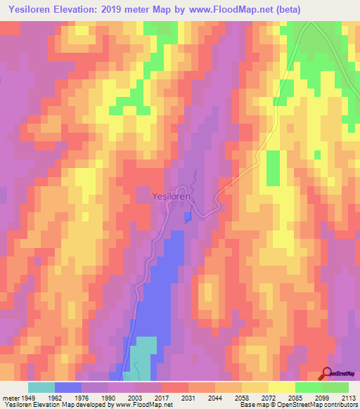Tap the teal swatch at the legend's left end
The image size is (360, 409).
pos(41,387)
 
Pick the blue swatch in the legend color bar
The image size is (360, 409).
pos(67,387)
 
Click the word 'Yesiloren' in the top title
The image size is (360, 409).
pos(32,10)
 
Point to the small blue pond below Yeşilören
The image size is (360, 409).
pos(187,217)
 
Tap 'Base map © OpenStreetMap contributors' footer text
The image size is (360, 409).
pos(297,405)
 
